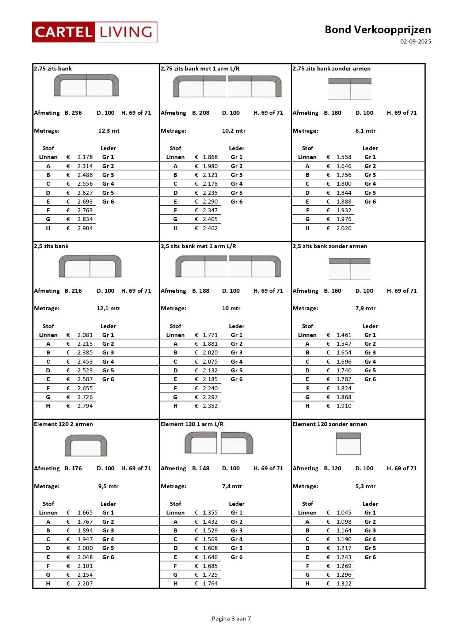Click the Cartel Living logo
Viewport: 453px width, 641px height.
point(95,32)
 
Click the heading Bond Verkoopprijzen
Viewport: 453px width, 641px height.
point(378,30)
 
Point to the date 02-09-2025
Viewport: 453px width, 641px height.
point(415,42)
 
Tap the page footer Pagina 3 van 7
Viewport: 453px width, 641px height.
point(231,618)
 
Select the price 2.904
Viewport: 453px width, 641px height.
point(85,228)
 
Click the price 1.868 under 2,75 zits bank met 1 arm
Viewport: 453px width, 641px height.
point(210,157)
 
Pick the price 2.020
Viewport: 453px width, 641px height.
point(344,228)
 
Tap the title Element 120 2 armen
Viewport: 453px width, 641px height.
point(64,424)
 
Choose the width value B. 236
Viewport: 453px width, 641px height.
point(73,113)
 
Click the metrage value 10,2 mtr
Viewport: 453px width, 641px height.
point(234,131)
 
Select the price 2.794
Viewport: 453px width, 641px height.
point(85,406)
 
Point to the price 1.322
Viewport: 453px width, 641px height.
point(344,584)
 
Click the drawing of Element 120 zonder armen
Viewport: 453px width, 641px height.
point(348,444)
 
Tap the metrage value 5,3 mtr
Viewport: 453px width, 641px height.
point(365,486)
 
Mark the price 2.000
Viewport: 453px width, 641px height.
point(85,548)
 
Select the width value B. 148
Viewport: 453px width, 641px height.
point(201,469)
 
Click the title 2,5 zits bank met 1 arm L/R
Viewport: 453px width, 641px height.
point(198,246)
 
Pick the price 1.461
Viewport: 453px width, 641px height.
point(344,335)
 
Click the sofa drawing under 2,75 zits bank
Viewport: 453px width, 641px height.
point(87,86)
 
